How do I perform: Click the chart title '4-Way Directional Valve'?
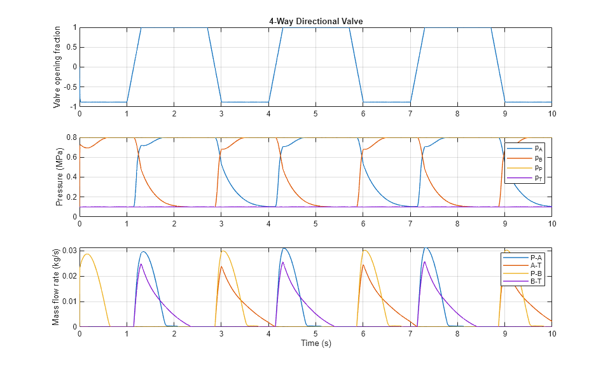(315, 22)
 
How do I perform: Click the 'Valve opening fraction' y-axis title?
(58, 67)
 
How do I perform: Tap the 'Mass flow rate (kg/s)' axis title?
(56, 287)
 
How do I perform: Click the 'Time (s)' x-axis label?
(315, 343)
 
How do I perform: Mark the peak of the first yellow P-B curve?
(87, 254)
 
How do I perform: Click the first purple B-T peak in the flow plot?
(141, 264)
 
